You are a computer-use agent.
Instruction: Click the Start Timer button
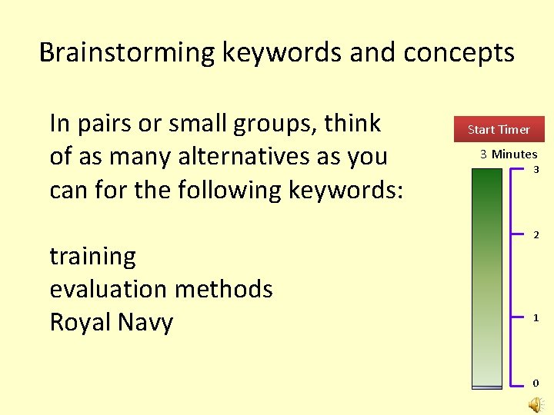point(499,129)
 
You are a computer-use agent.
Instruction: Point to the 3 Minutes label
point(509,154)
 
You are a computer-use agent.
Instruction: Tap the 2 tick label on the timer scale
point(536,234)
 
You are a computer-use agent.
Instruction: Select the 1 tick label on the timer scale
point(536,317)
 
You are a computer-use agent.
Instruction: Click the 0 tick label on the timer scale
point(536,382)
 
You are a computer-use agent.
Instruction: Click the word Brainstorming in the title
point(128,53)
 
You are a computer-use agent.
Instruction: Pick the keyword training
point(92,256)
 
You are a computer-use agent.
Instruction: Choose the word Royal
point(78,322)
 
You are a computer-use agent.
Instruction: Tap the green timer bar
point(486,277)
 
